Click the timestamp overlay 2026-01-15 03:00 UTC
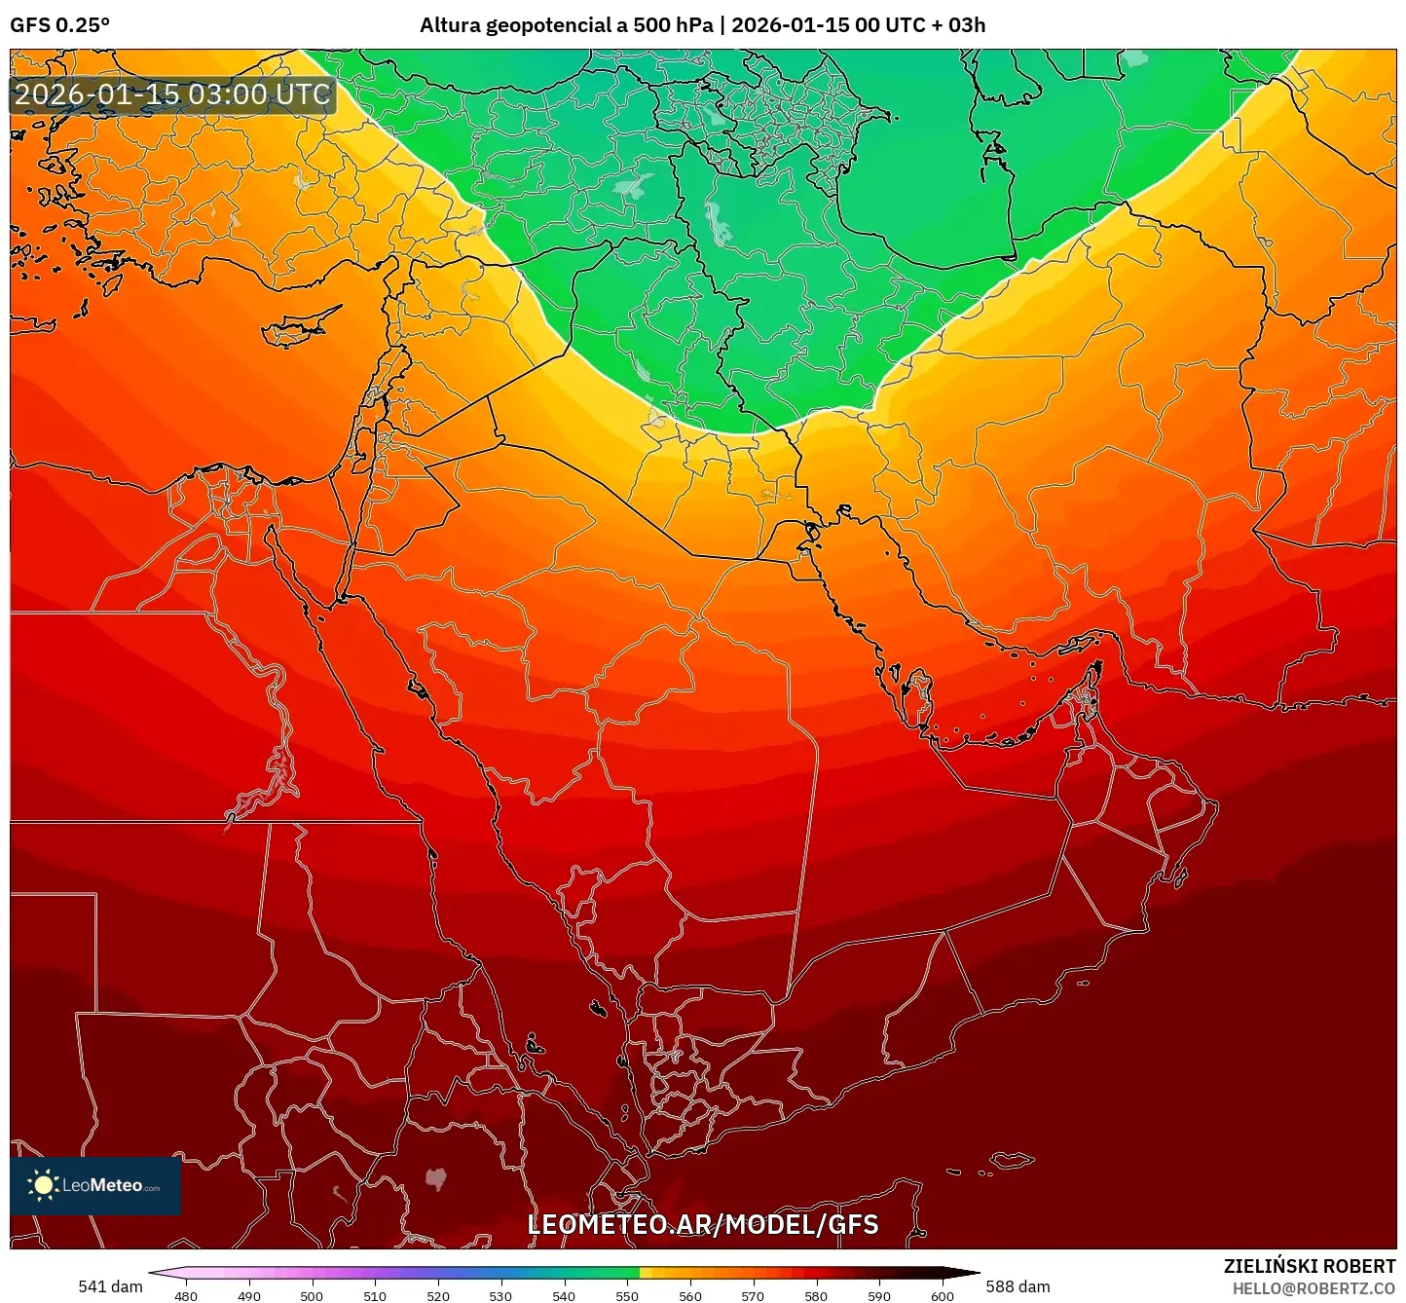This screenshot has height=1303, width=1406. click(172, 95)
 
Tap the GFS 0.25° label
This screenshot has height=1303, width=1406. click(59, 25)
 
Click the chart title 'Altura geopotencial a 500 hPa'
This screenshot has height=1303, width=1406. click(567, 25)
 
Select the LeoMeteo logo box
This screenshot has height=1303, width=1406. click(95, 1185)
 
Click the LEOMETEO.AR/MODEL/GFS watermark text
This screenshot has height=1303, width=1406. click(702, 1225)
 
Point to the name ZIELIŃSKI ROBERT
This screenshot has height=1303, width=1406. click(1309, 1266)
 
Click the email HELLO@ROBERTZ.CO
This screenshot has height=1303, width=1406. click(1313, 1288)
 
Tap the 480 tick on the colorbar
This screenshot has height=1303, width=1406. click(185, 1295)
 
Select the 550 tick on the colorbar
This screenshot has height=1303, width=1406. click(627, 1295)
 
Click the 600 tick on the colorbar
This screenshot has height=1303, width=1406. click(942, 1295)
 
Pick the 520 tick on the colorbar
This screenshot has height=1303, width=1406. click(437, 1295)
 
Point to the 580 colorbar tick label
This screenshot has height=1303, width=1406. click(816, 1295)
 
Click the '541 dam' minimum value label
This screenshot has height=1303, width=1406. click(110, 1286)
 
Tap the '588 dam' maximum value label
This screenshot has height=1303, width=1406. click(1017, 1286)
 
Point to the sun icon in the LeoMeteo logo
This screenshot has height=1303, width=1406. click(43, 1185)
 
